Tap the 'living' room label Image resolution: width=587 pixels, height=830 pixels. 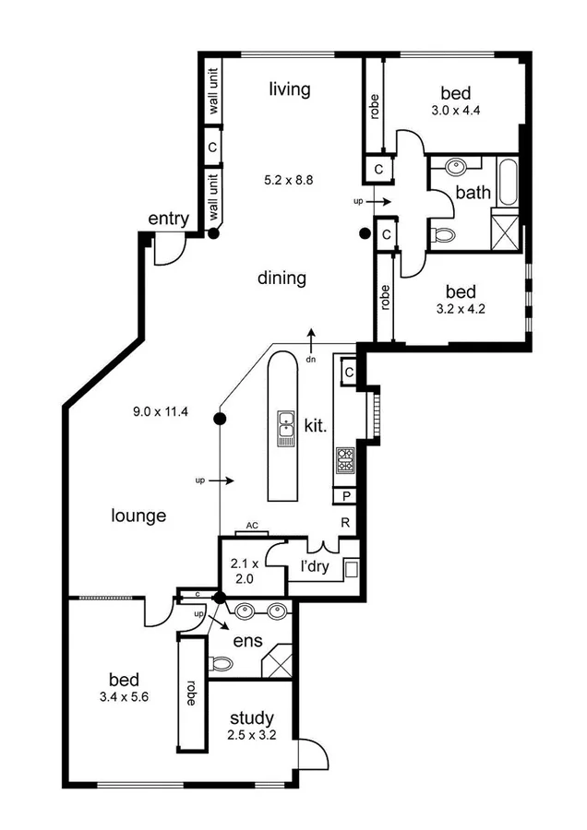pyautogui.click(x=289, y=89)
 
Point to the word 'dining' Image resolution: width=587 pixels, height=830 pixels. pyautogui.click(x=282, y=278)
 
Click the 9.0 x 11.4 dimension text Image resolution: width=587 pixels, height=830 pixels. pyautogui.click(x=161, y=411)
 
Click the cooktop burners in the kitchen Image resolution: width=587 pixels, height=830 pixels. pyautogui.click(x=345, y=460)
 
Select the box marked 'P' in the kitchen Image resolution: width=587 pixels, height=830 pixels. pyautogui.click(x=346, y=497)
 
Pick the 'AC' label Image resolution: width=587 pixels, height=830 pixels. pyautogui.click(x=250, y=528)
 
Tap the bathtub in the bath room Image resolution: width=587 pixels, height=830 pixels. pyautogui.click(x=509, y=184)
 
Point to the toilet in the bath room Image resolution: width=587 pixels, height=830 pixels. pyautogui.click(x=442, y=234)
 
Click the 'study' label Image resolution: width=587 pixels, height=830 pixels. pyautogui.click(x=251, y=717)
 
